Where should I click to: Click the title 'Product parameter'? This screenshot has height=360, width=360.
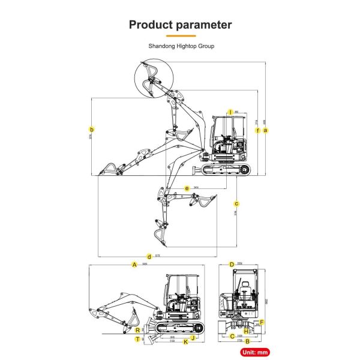point(180,25)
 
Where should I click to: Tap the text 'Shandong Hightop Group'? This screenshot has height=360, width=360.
point(181,46)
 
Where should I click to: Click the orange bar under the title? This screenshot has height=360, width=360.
point(180,36)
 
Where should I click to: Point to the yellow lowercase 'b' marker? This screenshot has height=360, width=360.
point(91,129)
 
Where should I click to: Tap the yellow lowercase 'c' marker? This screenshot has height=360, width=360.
point(237,203)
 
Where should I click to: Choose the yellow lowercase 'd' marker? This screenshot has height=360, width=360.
point(149,257)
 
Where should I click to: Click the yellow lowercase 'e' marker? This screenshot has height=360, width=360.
point(187,188)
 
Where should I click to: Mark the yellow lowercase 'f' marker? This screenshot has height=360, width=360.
point(257,130)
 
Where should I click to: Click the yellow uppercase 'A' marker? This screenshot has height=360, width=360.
point(135,264)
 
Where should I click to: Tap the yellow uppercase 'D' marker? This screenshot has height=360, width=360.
point(232,264)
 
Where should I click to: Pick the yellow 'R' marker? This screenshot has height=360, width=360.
point(138,330)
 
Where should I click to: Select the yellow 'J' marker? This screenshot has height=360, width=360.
point(193,337)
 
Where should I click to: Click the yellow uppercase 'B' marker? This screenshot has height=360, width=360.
point(247,342)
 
